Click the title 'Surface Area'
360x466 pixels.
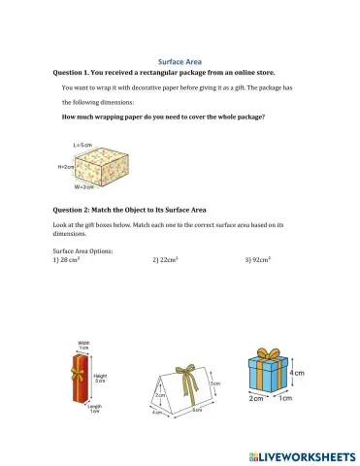[x=180, y=61]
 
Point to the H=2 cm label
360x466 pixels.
[x=67, y=167]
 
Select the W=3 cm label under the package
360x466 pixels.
[x=83, y=186]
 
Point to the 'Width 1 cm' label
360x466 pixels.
[x=83, y=346]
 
